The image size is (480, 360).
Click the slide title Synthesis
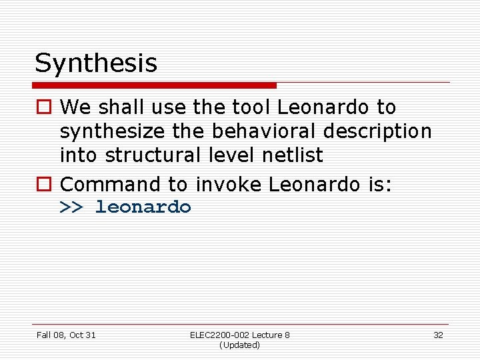point(96,63)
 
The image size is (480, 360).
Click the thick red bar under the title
point(155,85)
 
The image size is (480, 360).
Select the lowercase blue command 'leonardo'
point(143,207)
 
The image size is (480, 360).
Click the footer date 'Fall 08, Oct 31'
point(66,335)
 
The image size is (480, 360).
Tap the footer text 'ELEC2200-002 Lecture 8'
point(239,335)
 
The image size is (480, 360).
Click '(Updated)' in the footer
point(239,345)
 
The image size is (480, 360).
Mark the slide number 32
point(438,335)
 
